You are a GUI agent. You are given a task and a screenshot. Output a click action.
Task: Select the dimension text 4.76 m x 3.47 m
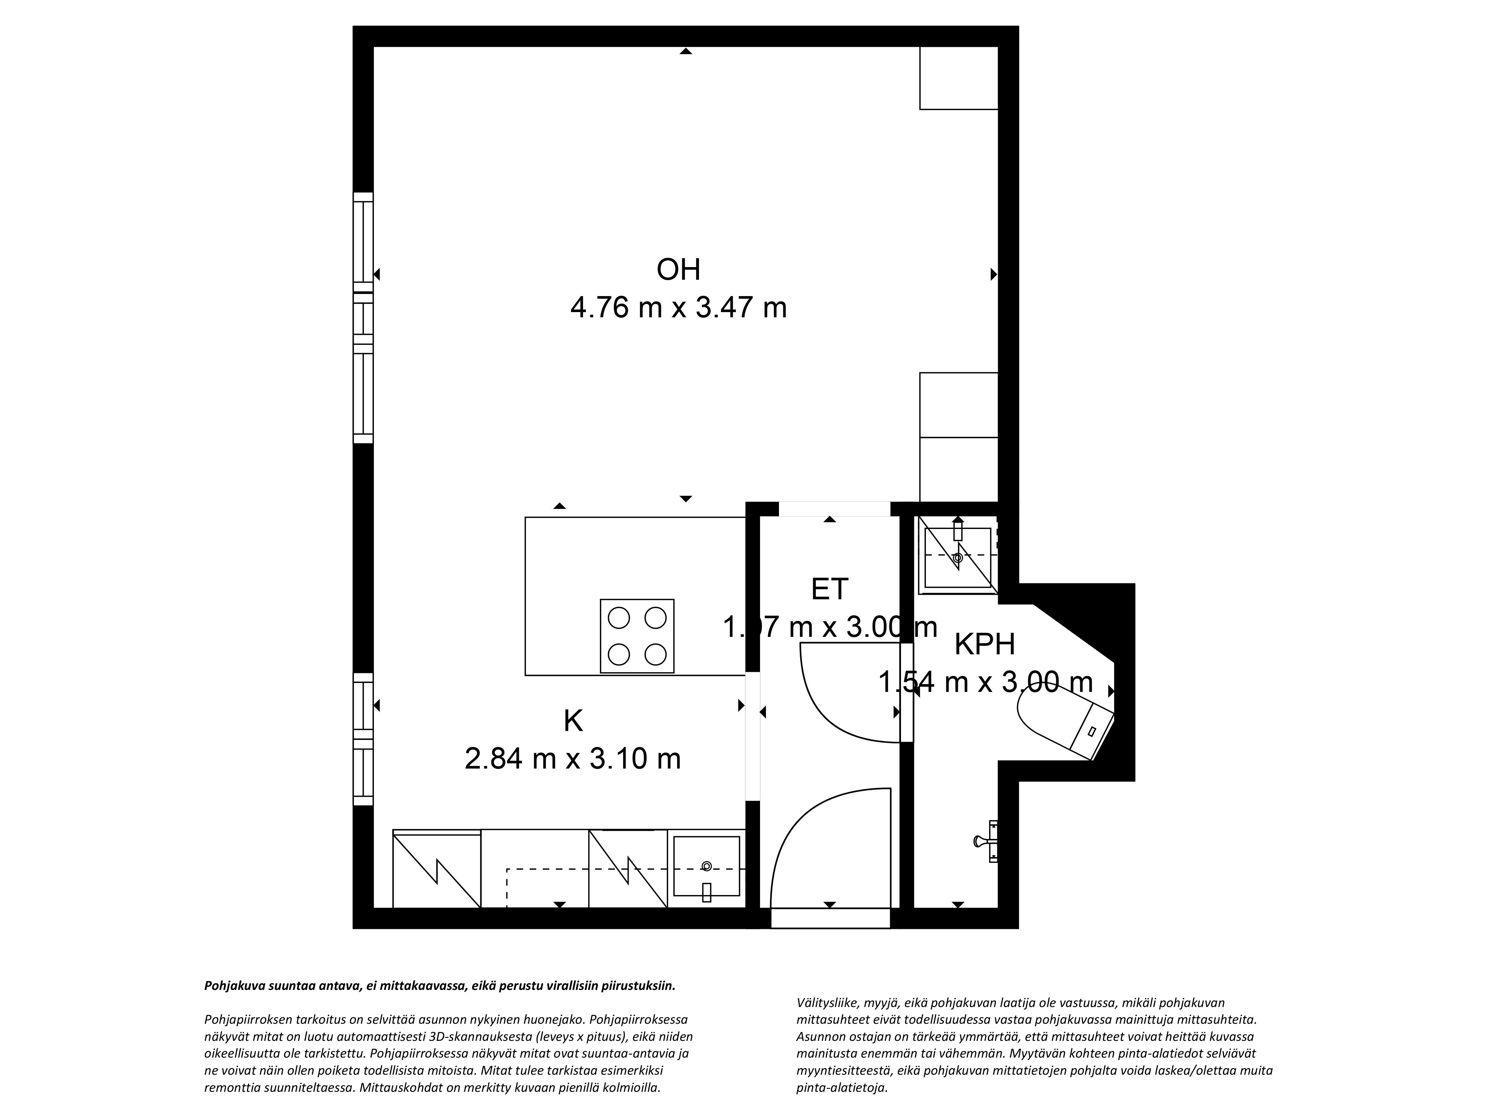pyautogui.click(x=678, y=308)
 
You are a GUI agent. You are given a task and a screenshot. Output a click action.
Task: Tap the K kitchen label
pyautogui.click(x=573, y=721)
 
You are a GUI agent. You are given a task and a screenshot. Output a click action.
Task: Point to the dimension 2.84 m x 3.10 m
pyautogui.click(x=573, y=759)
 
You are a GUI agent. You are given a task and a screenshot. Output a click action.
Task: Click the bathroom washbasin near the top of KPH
pyautogui.click(x=958, y=557)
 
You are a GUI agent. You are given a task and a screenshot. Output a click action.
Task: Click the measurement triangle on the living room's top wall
pyautogui.click(x=686, y=51)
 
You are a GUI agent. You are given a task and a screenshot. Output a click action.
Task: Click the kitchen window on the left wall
pyautogui.click(x=363, y=739)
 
